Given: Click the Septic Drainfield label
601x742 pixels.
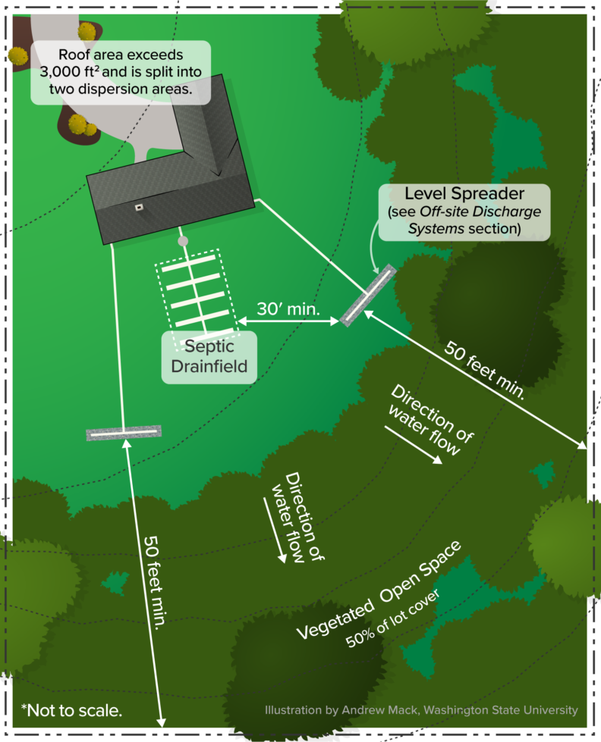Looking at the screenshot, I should tap(209, 357).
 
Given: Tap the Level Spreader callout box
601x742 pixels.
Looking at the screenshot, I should tap(464, 211).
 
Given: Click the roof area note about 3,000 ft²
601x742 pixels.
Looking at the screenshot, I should tap(120, 73).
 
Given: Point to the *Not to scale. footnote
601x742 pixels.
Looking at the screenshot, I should tap(71, 710).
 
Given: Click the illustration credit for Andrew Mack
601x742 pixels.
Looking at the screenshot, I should tap(421, 711).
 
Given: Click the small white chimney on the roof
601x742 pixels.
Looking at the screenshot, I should tap(139, 206).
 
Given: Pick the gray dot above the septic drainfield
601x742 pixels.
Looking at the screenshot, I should tap(182, 241).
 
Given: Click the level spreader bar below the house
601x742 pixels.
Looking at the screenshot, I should tap(124, 434).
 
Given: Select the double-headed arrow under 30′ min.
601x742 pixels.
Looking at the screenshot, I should tap(289, 323).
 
